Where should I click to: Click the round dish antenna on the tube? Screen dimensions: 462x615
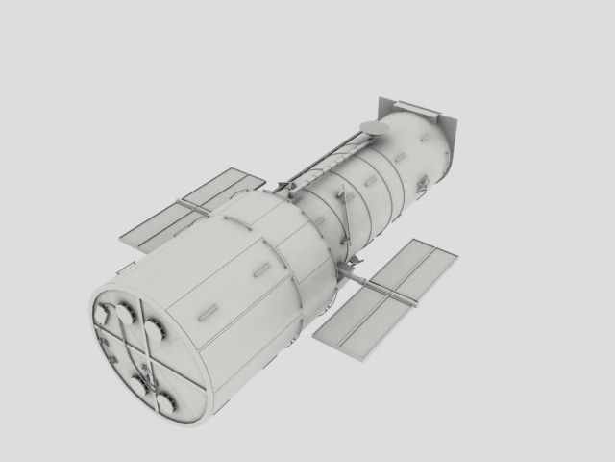click(x=370, y=126)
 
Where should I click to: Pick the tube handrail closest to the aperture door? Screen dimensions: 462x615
click(x=399, y=156)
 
